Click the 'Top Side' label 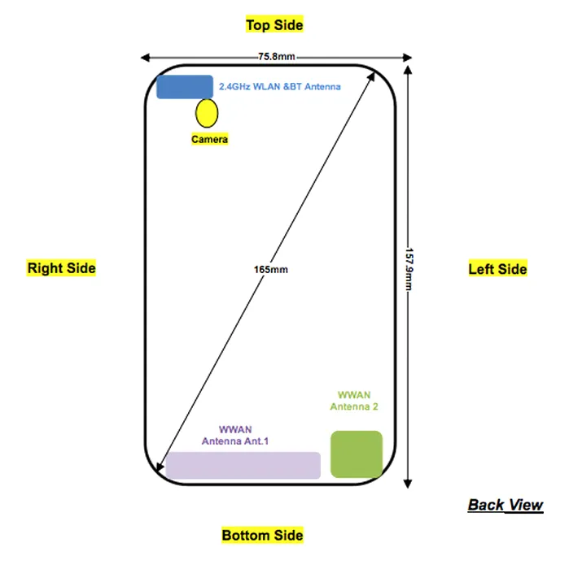[274, 25]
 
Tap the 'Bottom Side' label [262, 535]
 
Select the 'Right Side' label [62, 268]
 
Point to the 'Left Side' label [497, 269]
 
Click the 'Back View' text [505, 505]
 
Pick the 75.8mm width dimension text [276, 57]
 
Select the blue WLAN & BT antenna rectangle [185, 86]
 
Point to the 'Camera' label [209, 140]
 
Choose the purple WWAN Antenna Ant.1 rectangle [243, 465]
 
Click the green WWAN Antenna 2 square [356, 454]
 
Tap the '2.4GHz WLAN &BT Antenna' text [280, 86]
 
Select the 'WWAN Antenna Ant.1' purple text [235, 435]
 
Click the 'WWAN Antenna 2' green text [354, 401]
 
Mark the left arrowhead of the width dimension [145, 58]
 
